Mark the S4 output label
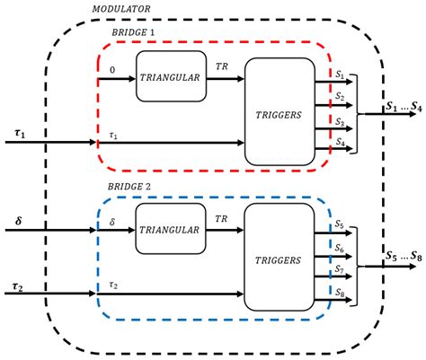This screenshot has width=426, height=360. click(339, 141)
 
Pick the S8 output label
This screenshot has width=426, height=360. click(339, 292)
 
